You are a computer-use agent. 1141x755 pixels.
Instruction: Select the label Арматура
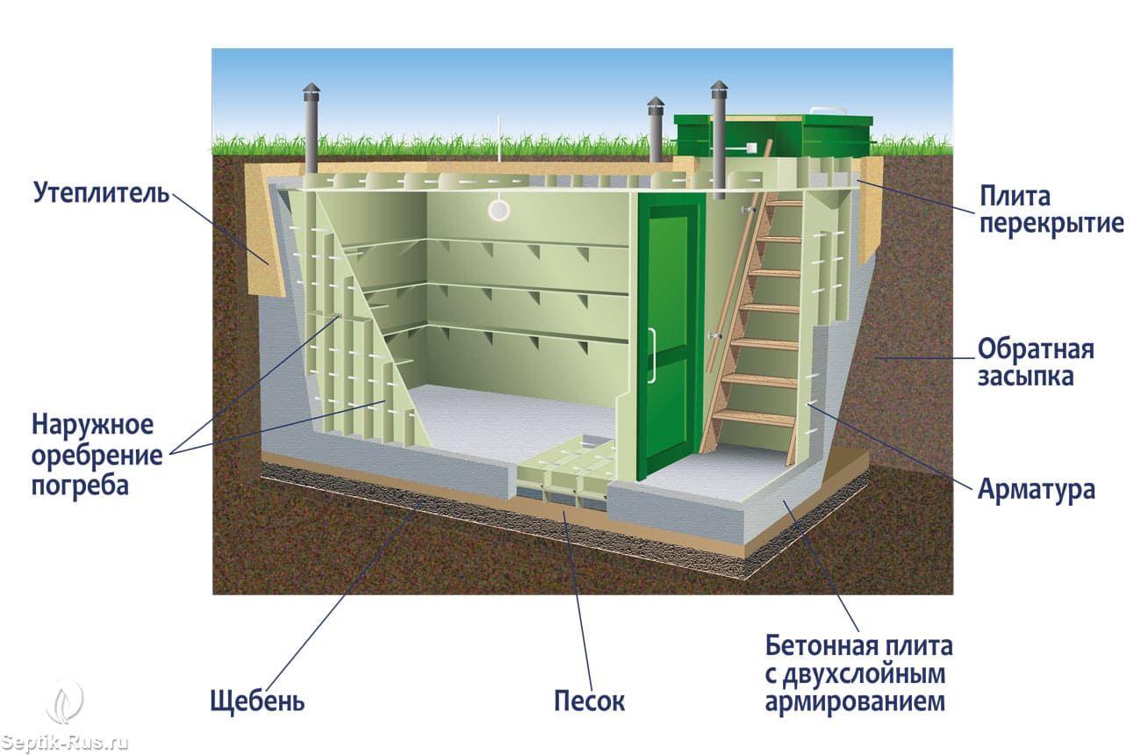[x=1036, y=489]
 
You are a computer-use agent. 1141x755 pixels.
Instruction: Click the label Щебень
[x=257, y=701]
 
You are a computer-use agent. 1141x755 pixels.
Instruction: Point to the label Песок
[x=589, y=701]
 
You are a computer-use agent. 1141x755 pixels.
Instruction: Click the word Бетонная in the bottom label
[x=818, y=647]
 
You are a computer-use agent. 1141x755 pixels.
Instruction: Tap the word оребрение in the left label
[x=97, y=456]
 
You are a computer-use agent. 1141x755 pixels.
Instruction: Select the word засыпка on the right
[x=1026, y=377]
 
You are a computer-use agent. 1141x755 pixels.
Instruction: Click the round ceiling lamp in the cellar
[x=499, y=209]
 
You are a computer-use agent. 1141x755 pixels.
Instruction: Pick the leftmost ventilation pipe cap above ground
[x=312, y=91]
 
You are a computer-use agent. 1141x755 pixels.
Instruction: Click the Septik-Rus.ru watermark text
[x=65, y=743]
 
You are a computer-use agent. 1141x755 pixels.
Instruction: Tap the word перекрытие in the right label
[x=1051, y=223]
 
